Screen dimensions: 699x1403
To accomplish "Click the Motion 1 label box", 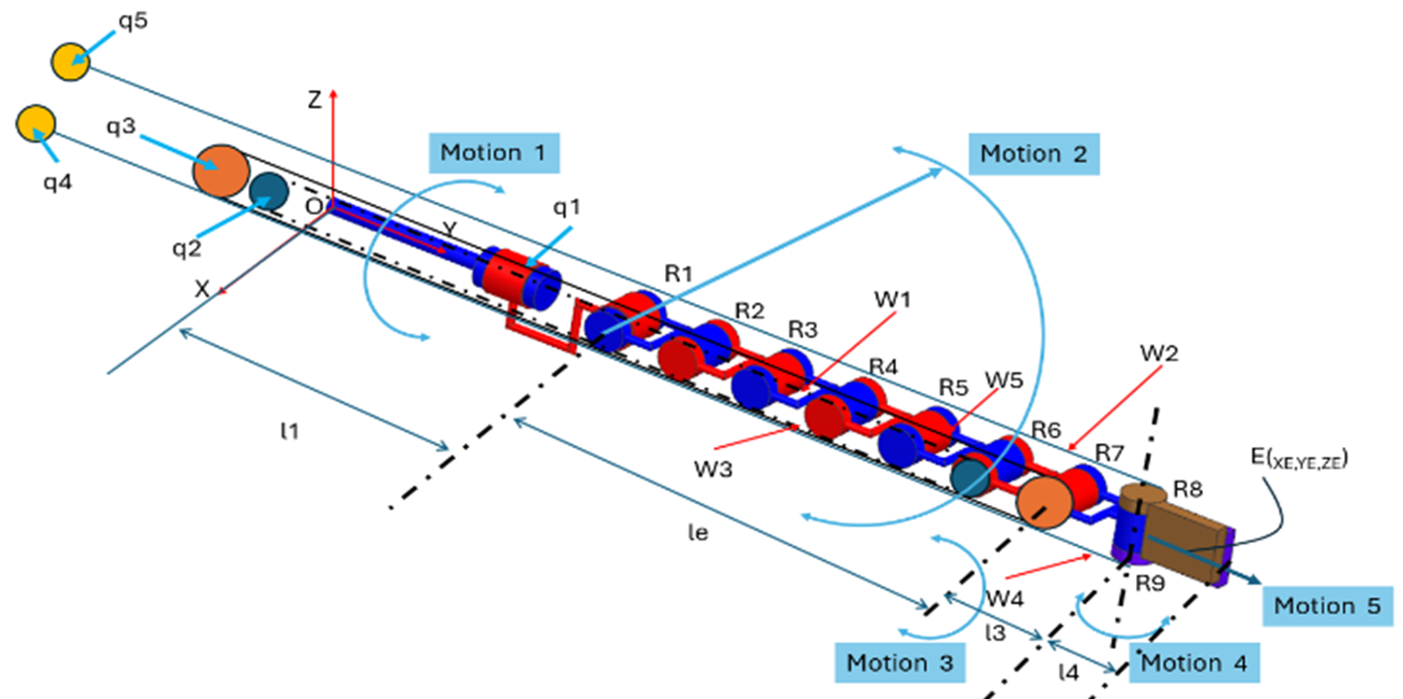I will click(494, 153).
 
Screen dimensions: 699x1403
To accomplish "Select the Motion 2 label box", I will click(1034, 154).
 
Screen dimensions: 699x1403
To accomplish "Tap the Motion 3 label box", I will click(900, 662).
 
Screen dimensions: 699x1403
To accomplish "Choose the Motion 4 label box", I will click(1194, 662).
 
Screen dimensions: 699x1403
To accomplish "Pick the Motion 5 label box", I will click(1327, 606).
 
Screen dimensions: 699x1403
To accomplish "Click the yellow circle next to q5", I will click(71, 61).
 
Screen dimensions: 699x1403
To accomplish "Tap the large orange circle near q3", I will click(221, 171).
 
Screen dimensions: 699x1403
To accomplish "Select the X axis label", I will click(203, 289).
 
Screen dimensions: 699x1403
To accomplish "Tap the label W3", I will click(713, 469).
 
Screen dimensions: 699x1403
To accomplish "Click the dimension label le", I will click(698, 534).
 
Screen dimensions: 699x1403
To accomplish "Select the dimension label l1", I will click(289, 431).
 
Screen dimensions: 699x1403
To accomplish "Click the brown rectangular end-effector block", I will click(1187, 537).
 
